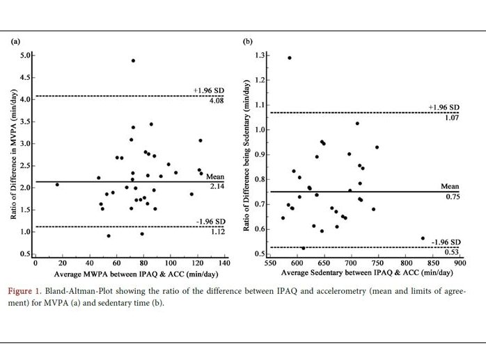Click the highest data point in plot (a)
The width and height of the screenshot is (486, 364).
pos(133,60)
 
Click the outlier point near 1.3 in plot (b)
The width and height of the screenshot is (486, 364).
pos(290,58)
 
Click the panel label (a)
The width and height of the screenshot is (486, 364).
pos(15,42)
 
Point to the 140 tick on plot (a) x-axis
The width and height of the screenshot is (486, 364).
pos(224,264)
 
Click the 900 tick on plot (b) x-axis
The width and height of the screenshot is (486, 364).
pos(460,264)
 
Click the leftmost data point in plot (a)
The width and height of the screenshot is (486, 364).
pos(57,184)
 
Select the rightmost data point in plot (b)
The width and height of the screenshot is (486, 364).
pos(423,238)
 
